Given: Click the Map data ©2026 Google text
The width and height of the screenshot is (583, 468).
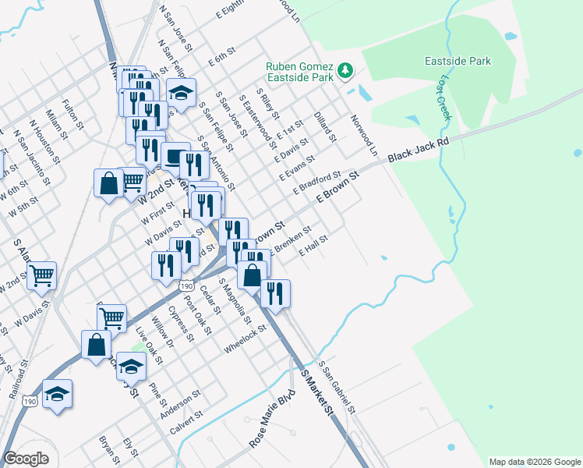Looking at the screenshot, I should (534, 462).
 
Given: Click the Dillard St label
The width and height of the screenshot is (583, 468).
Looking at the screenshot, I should (325, 126).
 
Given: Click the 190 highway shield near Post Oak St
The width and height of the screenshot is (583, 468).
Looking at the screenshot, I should (185, 287).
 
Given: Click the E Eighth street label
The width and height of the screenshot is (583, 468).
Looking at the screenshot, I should (228, 9).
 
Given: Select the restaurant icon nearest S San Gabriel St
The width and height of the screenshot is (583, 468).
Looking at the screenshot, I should (275, 293).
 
